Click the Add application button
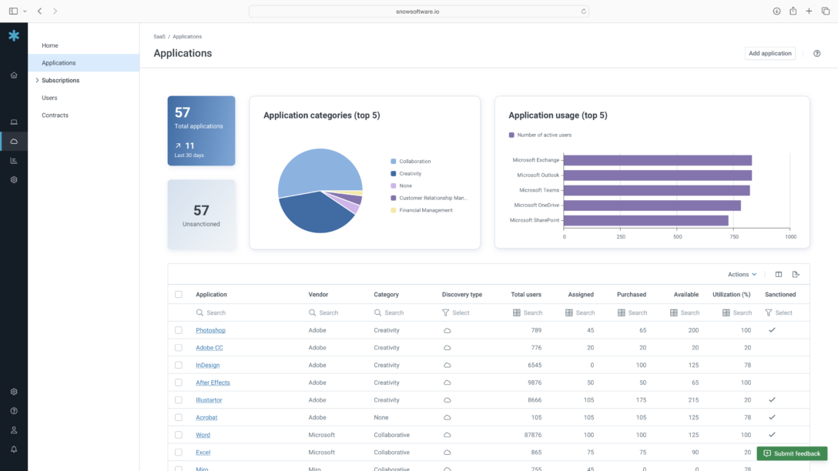pyautogui.click(x=770, y=53)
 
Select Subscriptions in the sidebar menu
pyautogui.click(x=60, y=80)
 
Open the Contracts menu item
pyautogui.click(x=55, y=115)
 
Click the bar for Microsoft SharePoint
pyautogui.click(x=645, y=220)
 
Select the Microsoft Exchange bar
pyautogui.click(x=657, y=160)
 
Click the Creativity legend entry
pyautogui.click(x=410, y=174)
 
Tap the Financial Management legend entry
pyautogui.click(x=425, y=210)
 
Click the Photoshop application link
pyautogui.click(x=210, y=330)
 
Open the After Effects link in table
pyautogui.click(x=213, y=382)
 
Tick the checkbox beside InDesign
pyautogui.click(x=179, y=366)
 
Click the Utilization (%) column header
pyautogui.click(x=731, y=295)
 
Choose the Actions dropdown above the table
pyautogui.click(x=742, y=275)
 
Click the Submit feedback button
pyautogui.click(x=792, y=453)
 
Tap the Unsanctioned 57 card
pyautogui.click(x=201, y=215)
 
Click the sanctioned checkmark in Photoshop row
pyautogui.click(x=772, y=330)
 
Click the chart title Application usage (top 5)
pyautogui.click(x=558, y=115)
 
